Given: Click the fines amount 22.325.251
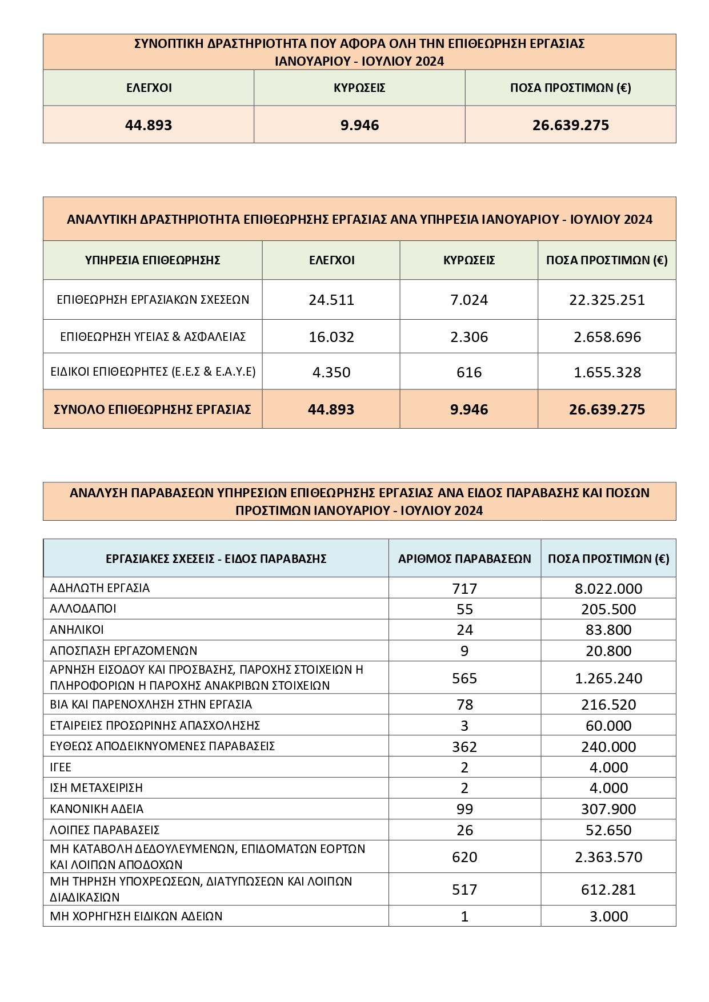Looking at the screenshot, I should tap(607, 300).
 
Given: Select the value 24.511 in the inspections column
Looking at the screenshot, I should tap(331, 300).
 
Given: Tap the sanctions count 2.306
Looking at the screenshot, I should tap(469, 337).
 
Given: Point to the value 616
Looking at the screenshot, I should tap(469, 372).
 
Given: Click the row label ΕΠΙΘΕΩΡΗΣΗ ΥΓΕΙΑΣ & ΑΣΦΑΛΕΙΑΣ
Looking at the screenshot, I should tap(153, 337).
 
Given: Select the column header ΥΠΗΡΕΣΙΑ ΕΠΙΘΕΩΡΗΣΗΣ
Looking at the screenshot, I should tap(153, 260).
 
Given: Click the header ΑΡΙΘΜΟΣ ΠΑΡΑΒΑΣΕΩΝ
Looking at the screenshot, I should tap(464, 558).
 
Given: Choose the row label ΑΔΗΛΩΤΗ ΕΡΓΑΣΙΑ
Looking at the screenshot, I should tap(100, 587).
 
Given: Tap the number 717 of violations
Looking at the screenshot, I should tap(464, 588).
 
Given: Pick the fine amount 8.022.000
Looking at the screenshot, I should tap(608, 588).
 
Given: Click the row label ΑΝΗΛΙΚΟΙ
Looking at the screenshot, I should tap(77, 630).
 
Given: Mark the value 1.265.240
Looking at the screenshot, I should tap(608, 678).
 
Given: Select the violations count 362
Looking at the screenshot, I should tap(464, 747).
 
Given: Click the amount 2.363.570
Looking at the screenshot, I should tap(608, 857).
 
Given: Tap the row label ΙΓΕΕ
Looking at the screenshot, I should tap(61, 767).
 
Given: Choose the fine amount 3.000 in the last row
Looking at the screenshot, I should tap(608, 916).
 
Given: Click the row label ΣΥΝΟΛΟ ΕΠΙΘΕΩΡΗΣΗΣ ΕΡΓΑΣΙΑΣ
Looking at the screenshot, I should tap(153, 409).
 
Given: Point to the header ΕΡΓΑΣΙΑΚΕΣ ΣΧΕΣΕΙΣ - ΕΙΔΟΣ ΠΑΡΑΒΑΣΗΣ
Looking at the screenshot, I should tap(216, 558).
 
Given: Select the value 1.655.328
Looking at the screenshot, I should tap(607, 372).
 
